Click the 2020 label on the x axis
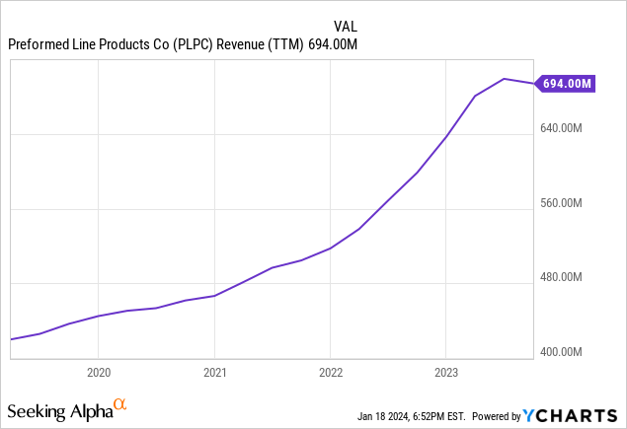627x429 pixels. coord(99,373)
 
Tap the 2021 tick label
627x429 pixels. coord(214,373)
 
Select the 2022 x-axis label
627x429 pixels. coord(331,373)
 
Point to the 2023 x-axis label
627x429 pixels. coord(446,373)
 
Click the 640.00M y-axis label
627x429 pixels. coord(561,128)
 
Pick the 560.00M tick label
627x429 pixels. coord(561,203)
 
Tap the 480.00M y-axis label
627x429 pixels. coord(561,277)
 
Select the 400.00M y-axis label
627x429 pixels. coord(561,352)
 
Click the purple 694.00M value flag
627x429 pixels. coord(566,84)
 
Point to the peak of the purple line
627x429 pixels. coord(505,79)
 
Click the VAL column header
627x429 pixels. coord(346,27)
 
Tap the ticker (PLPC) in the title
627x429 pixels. coord(193,44)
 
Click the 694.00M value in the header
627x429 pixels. coord(333,44)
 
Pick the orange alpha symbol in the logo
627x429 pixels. coord(119,404)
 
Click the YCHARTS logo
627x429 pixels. coord(570,416)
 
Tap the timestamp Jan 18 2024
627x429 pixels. coord(382,416)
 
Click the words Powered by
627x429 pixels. coord(497,416)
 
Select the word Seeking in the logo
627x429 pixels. coord(37,412)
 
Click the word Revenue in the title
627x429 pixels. coord(240,44)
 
